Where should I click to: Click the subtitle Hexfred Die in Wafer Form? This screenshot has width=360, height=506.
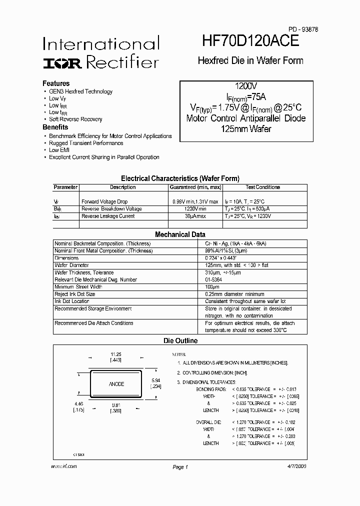(250, 60)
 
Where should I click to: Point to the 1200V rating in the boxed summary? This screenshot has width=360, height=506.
(245, 86)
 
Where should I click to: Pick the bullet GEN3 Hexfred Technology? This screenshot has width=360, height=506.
(80, 91)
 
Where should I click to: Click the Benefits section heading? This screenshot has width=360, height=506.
(55, 127)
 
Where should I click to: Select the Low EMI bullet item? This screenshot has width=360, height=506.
(59, 150)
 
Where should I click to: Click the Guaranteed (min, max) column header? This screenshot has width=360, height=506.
(195, 187)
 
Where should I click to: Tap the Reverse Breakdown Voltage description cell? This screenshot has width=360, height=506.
(111, 208)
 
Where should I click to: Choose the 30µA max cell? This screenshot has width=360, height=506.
(195, 216)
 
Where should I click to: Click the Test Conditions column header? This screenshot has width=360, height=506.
(262, 187)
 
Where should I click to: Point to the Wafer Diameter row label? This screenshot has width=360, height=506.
(71, 265)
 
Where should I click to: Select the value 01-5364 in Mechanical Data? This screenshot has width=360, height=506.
(214, 279)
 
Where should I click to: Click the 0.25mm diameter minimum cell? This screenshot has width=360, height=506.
(234, 294)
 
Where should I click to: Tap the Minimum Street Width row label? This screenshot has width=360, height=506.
(78, 287)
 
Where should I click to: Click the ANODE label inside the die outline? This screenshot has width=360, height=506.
(116, 384)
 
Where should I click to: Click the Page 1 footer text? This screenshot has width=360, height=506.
(179, 467)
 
